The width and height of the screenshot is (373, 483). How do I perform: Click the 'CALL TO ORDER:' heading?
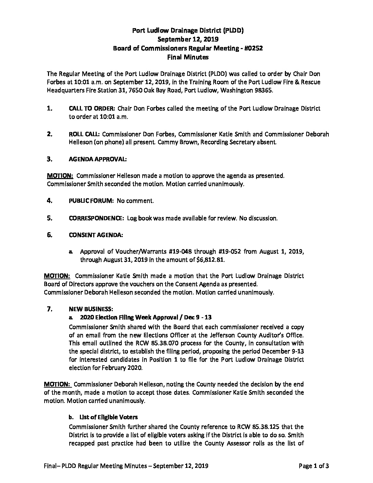tap(92, 108)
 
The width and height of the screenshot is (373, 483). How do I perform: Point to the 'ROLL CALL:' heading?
tap(84, 134)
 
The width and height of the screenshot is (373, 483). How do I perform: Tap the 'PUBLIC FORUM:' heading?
tap(92, 201)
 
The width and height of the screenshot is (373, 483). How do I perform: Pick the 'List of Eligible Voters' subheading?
tap(108, 417)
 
